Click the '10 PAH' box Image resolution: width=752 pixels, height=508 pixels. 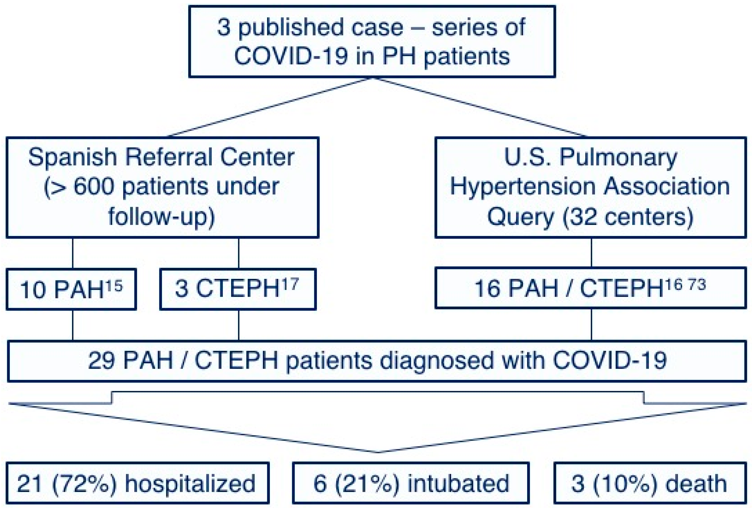coord(71,289)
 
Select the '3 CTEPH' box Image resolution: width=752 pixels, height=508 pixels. coord(238,289)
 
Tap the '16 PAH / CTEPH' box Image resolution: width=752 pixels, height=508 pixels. coord(591,288)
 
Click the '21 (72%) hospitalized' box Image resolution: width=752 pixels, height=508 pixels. coord(138,483)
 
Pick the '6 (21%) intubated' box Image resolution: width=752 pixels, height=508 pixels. coord(410,483)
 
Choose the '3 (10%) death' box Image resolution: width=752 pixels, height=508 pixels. coord(650,483)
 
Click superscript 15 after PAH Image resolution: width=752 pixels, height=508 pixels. coord(114,286)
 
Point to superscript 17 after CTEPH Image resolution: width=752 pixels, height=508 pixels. coord(290,285)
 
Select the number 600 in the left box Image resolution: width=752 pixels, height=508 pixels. coord(94,187)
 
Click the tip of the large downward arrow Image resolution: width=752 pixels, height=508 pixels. coord(377,451)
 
